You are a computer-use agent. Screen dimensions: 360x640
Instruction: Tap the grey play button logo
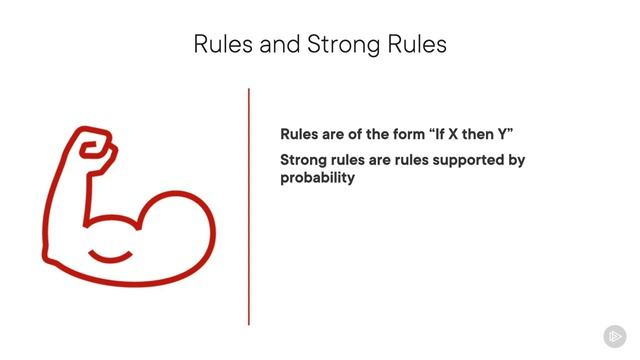point(614,336)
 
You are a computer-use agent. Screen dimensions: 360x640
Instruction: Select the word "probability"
point(317,178)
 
